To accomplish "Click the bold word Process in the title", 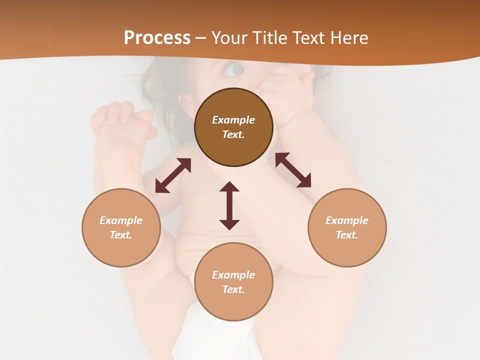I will pos(157,38).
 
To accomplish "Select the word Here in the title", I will pos(348,38).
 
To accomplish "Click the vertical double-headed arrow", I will pos(229,205).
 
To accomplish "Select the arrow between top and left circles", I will pos(173,175).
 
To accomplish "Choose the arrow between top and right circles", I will pos(293,170).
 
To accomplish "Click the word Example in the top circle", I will pos(233,120).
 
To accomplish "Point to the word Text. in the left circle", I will pos(121,235).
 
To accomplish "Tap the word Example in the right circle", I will pos(347,220).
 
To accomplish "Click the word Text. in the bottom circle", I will pos(233,289).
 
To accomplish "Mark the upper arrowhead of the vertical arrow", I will pos(229,187).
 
